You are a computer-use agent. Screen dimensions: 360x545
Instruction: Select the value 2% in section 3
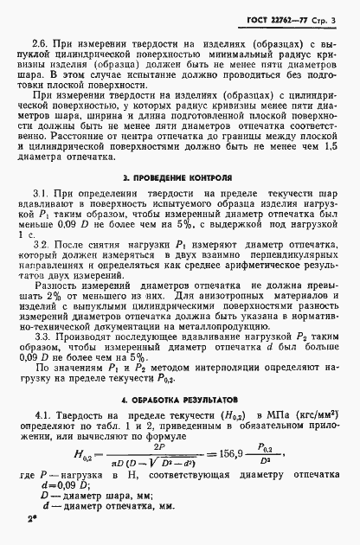coord(52,296)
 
